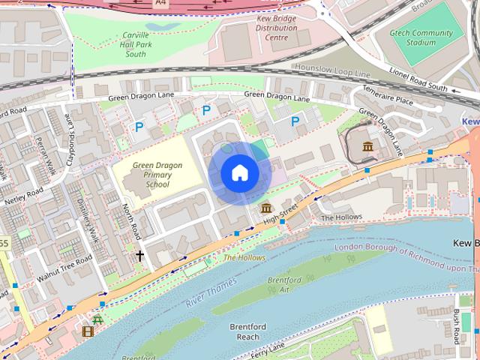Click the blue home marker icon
(240, 173)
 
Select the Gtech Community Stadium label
(422, 37)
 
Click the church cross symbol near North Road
(139, 256)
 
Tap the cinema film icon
(88, 331)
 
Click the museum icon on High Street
(265, 208)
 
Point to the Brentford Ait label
(284, 284)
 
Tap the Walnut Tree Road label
(67, 264)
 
